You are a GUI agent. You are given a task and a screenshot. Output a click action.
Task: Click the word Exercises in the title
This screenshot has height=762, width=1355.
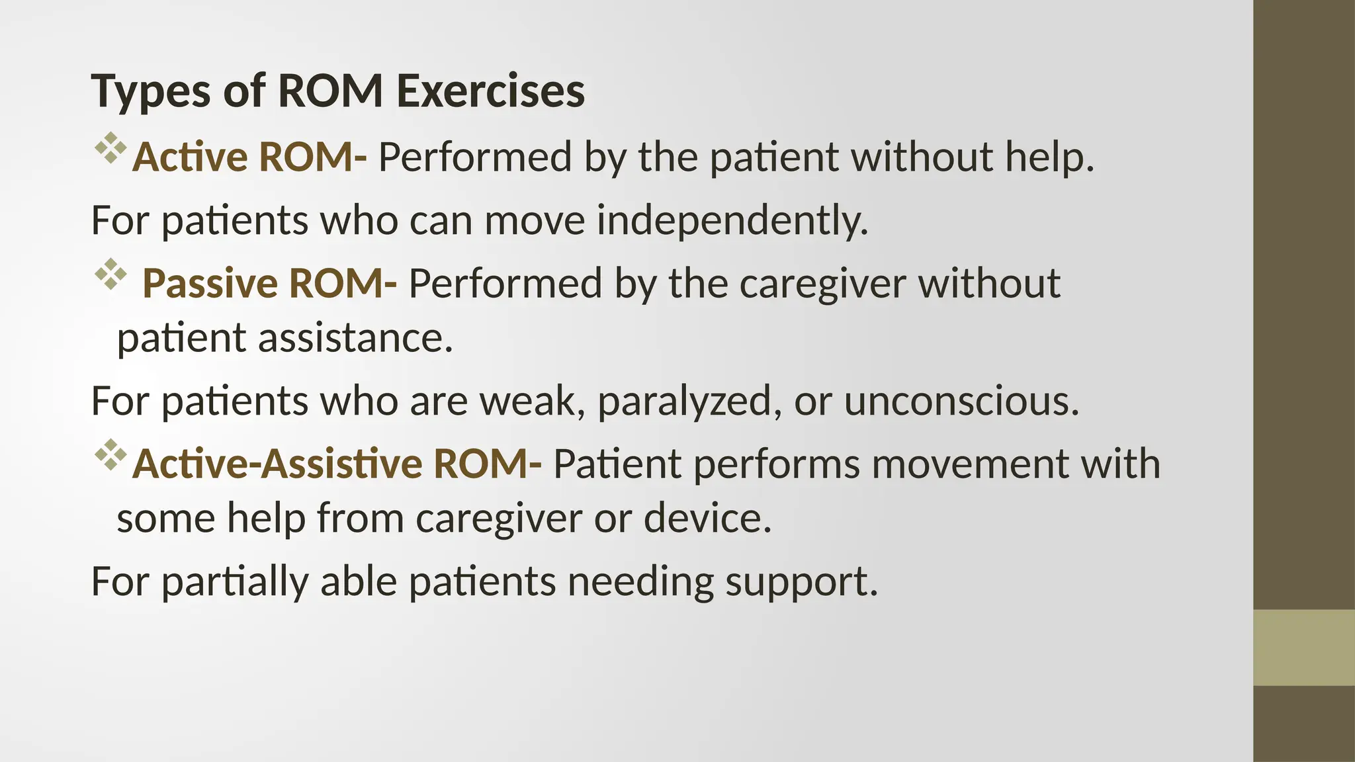tap(490, 91)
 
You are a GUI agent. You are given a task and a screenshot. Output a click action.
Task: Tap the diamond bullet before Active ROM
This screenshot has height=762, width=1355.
tap(110, 148)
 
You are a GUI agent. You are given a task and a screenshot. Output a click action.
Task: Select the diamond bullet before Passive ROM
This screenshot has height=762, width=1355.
tap(110, 274)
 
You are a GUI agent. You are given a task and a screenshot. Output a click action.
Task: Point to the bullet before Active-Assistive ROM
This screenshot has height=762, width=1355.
tap(110, 454)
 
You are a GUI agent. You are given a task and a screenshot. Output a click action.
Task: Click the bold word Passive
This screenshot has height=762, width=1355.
tap(210, 284)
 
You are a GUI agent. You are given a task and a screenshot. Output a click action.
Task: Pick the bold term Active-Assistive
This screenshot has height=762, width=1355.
tap(276, 464)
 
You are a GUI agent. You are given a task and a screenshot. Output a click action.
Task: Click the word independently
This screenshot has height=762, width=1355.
tap(732, 221)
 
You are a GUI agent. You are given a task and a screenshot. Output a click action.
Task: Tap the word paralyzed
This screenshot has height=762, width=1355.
tap(685, 402)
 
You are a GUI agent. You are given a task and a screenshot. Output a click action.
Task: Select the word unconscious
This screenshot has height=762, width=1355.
tap(961, 402)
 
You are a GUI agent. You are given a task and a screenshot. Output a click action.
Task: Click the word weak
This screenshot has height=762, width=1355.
tap(532, 402)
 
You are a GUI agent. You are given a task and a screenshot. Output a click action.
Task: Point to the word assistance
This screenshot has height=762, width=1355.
tap(355, 338)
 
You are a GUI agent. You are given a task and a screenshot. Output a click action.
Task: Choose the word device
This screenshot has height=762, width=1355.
tap(707, 518)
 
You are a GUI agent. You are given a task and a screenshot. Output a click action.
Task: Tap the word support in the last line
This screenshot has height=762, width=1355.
tap(801, 582)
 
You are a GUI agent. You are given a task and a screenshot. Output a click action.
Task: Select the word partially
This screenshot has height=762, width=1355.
tap(235, 582)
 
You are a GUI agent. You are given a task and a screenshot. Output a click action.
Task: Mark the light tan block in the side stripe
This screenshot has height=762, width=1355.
tap(1303, 648)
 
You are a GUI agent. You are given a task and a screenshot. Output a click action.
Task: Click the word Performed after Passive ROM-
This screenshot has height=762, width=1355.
tap(505, 284)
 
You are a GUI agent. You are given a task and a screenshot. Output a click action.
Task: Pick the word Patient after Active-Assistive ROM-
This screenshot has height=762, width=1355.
tap(617, 464)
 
